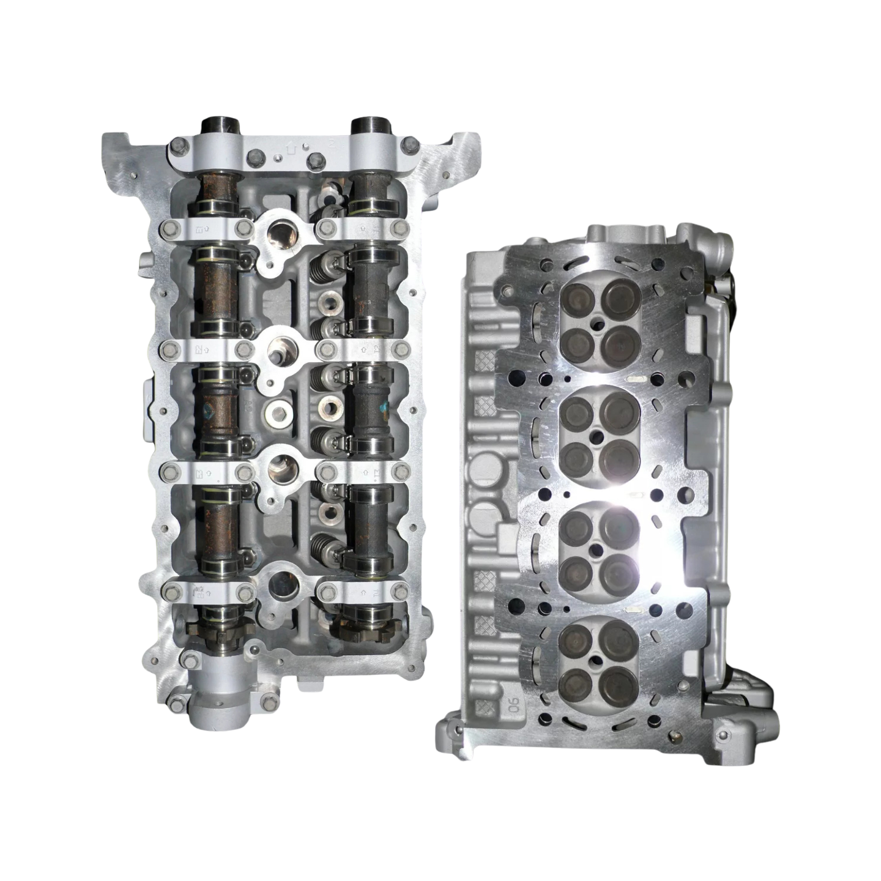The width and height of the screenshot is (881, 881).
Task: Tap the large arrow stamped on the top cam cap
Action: coord(292,149)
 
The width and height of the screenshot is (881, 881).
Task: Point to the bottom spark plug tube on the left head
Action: coord(283,585)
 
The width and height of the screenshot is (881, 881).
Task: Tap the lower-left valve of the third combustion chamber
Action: coord(574,569)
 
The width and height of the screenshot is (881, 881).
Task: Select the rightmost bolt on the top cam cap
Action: coord(410,145)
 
